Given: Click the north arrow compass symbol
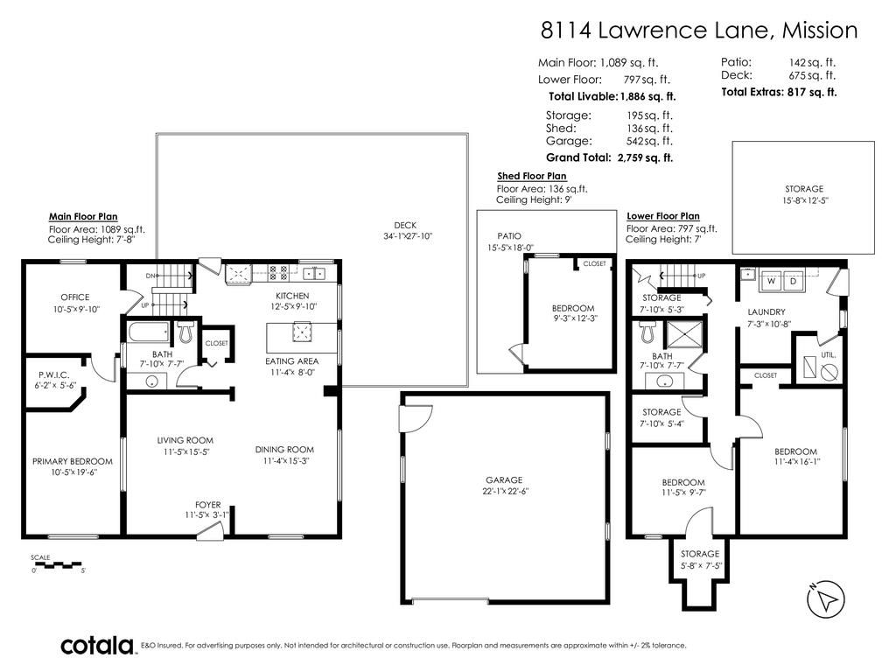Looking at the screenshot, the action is [826, 599].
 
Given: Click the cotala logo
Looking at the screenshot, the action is [97, 645].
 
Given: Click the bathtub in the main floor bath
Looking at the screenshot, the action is [150, 332].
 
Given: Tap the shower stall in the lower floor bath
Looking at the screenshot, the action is [685, 333].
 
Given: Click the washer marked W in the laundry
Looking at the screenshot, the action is [772, 281].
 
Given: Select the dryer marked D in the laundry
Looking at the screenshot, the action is [793, 281].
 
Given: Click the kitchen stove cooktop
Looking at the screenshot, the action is [278, 272].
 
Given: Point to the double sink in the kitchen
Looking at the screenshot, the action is [314, 274].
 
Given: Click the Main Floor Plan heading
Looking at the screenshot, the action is [83, 217].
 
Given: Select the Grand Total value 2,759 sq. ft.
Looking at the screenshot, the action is [645, 157].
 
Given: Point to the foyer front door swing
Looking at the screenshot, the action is [210, 532].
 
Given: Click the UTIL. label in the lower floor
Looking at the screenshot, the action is [828, 355].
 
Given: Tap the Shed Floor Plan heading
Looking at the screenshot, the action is [532, 176].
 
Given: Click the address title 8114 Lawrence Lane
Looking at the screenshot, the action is [656, 31].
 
